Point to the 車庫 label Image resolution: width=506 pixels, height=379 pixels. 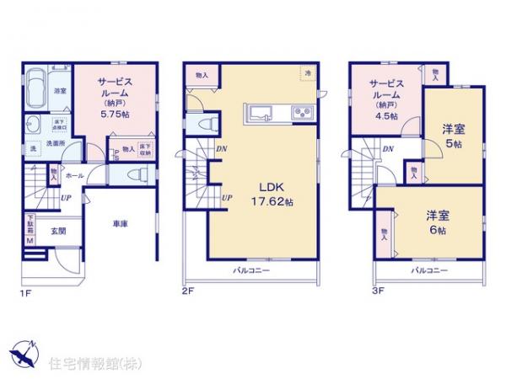click(x=120, y=224)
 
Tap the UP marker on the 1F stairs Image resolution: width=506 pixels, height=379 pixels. click(x=64, y=199)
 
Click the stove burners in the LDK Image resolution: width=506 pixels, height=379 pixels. click(x=300, y=113)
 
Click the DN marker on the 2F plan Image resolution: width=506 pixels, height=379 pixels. click(x=219, y=150)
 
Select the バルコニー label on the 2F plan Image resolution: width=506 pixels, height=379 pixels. click(x=250, y=271)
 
